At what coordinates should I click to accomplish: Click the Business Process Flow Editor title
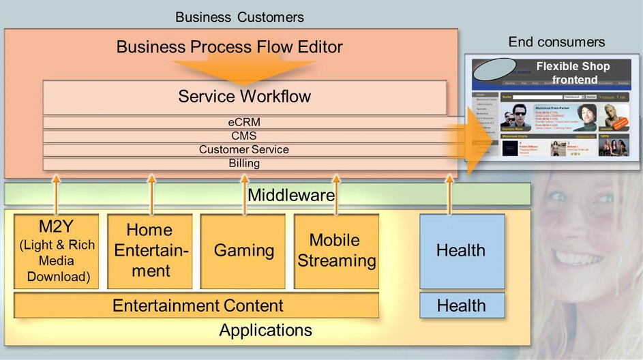pos(229,47)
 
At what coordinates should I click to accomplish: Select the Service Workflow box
pos(244,96)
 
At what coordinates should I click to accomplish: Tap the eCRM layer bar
pos(244,123)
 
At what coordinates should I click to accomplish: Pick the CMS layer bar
pos(244,136)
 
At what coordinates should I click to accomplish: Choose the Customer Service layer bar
pos(244,149)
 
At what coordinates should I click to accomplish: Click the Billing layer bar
pos(244,163)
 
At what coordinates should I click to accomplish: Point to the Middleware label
pos(291,195)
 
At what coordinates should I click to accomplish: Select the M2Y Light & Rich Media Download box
pos(57,251)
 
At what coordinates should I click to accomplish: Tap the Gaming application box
pos(244,251)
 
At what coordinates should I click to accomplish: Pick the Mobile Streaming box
pos(336,251)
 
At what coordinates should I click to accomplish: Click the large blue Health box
pos(462,251)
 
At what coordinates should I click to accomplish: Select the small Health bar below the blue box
pos(462,305)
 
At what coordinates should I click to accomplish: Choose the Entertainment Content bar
pos(197,305)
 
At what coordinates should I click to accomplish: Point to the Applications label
pos(265,331)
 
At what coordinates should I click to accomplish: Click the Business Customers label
pos(239,17)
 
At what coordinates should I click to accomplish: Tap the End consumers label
pos(556,42)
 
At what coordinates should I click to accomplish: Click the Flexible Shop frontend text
pos(573,73)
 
